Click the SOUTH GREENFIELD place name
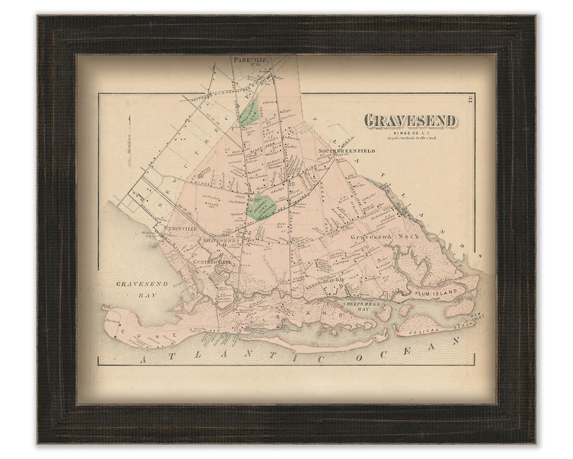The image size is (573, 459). pyautogui.click(x=346, y=151)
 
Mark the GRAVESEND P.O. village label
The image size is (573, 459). pyautogui.click(x=216, y=242)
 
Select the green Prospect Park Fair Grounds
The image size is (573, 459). pyautogui.click(x=262, y=206)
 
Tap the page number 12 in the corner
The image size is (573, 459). pyautogui.click(x=472, y=98)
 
